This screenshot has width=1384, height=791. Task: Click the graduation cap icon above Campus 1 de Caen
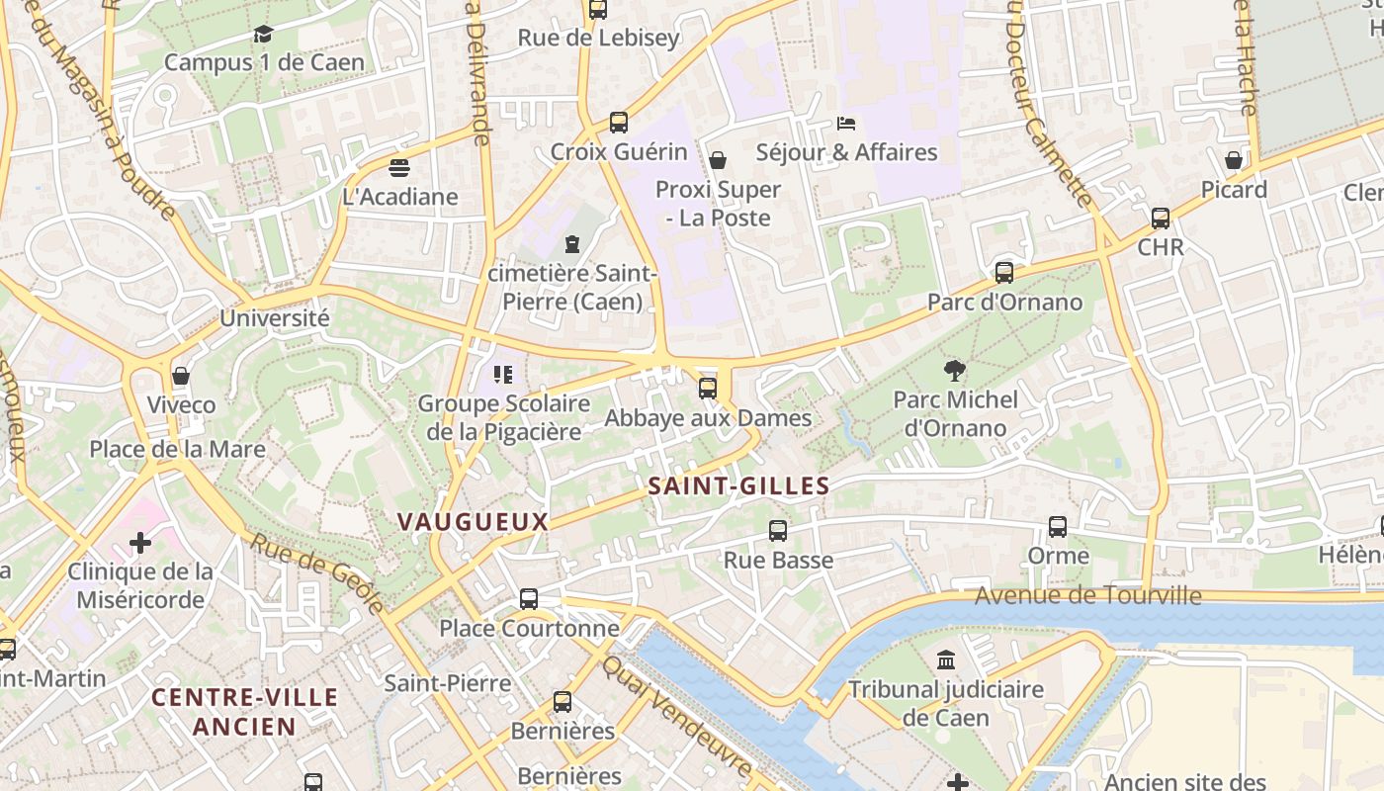coord(262,35)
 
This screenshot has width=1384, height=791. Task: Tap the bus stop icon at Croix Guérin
coord(618,123)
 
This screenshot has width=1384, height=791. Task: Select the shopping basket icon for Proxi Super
coord(718,160)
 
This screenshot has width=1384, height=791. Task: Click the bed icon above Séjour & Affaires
coord(846,124)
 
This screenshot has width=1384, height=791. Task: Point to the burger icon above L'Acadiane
coord(399,167)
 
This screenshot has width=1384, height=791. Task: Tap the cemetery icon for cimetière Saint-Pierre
coord(571,243)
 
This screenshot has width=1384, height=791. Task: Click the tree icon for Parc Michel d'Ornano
coord(955,371)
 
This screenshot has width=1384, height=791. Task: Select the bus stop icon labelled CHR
coord(1161,218)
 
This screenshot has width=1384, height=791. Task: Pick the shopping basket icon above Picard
coord(1234,160)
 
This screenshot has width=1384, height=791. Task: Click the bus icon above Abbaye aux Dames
coord(708,389)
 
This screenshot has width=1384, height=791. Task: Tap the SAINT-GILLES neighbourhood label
coord(738,485)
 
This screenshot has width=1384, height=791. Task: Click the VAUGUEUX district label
coord(473,521)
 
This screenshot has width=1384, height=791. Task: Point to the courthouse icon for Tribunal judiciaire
coord(946,659)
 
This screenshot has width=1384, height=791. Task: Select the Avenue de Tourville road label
coord(1087,595)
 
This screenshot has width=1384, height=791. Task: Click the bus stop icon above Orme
coord(1058,527)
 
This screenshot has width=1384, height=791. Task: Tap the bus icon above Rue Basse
coord(778,531)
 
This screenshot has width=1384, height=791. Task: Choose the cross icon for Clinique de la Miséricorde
coord(140,543)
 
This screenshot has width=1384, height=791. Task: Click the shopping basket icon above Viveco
coord(181,376)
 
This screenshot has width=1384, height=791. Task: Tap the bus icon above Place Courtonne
coord(529,599)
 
